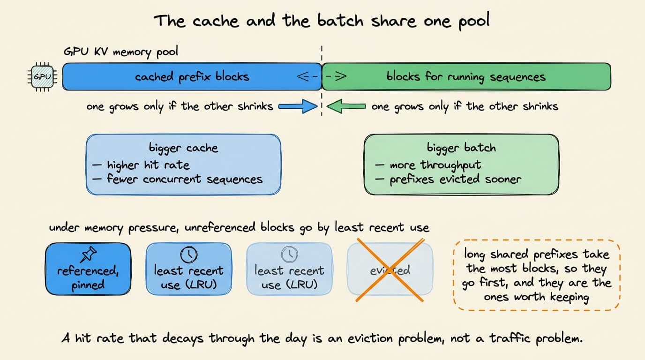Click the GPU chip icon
pos(42,76)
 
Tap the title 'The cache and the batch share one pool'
pos(322,21)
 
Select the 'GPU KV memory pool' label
pos(120,52)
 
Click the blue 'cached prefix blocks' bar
pos(192,76)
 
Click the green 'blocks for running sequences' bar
pos(466,76)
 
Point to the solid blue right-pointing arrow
pos(298,106)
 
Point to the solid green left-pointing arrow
pos(346,106)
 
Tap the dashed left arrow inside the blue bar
pos(307,76)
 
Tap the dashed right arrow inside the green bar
pos(336,76)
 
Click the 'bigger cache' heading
pos(183,148)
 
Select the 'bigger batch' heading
pos(461,148)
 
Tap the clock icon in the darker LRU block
pos(188,255)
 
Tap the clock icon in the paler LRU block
pos(289,255)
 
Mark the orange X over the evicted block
pos(390,270)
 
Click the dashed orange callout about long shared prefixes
pos(537,275)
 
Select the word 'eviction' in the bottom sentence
pos(370,338)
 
